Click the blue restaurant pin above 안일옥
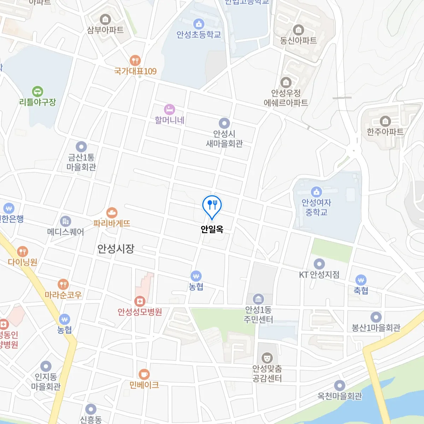coord(212,205)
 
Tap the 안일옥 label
coord(212,229)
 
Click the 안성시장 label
coord(116,249)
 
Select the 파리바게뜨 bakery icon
coord(112,213)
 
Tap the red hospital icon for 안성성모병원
coord(140,301)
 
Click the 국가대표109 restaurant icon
coord(135,60)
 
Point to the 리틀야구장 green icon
coord(37,92)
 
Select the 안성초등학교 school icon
coord(199,24)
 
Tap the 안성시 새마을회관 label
coord(224,139)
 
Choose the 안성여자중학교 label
coord(316,207)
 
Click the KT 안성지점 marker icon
coord(319,264)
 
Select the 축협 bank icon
coord(361,281)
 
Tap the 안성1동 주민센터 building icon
coord(258,299)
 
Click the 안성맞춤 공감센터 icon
coord(267,358)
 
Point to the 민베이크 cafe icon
coord(144,374)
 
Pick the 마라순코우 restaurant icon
coord(63,284)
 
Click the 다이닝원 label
coord(23,262)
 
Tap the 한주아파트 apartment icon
coord(385,122)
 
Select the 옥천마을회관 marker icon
coord(340,386)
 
